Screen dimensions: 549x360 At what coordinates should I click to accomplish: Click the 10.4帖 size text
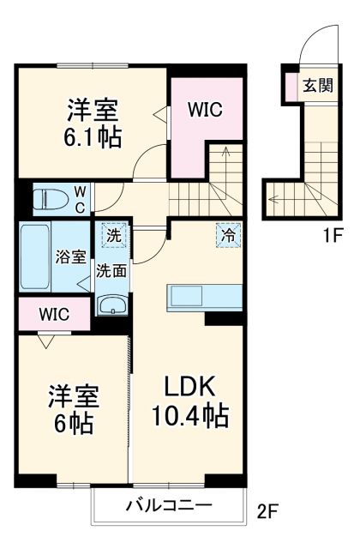(x=189, y=417)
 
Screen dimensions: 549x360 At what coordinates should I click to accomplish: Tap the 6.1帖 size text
(x=93, y=136)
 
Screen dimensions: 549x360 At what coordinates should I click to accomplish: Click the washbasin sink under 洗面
(x=111, y=305)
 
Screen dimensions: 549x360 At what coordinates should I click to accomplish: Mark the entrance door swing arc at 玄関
(x=309, y=45)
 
